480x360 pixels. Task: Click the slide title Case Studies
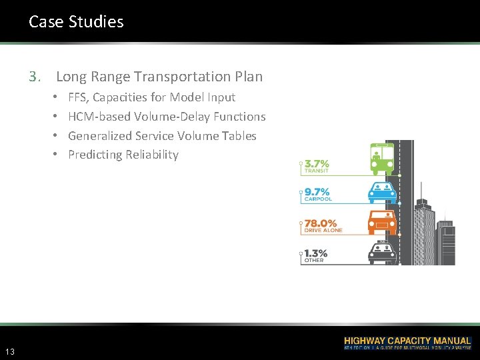click(x=76, y=21)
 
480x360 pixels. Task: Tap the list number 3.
click(x=34, y=77)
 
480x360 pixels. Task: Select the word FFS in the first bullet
click(x=78, y=97)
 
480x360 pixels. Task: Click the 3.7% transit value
click(x=317, y=164)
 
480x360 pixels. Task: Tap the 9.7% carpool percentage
click(x=317, y=192)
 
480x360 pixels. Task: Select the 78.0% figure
click(x=321, y=223)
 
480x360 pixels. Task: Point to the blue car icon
click(x=383, y=192)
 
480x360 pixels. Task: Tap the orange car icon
click(x=383, y=221)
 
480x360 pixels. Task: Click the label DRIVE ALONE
click(x=323, y=231)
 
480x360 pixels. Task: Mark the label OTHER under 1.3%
click(x=314, y=261)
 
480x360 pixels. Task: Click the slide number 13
click(x=10, y=351)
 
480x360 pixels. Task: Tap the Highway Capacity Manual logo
click(x=407, y=343)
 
